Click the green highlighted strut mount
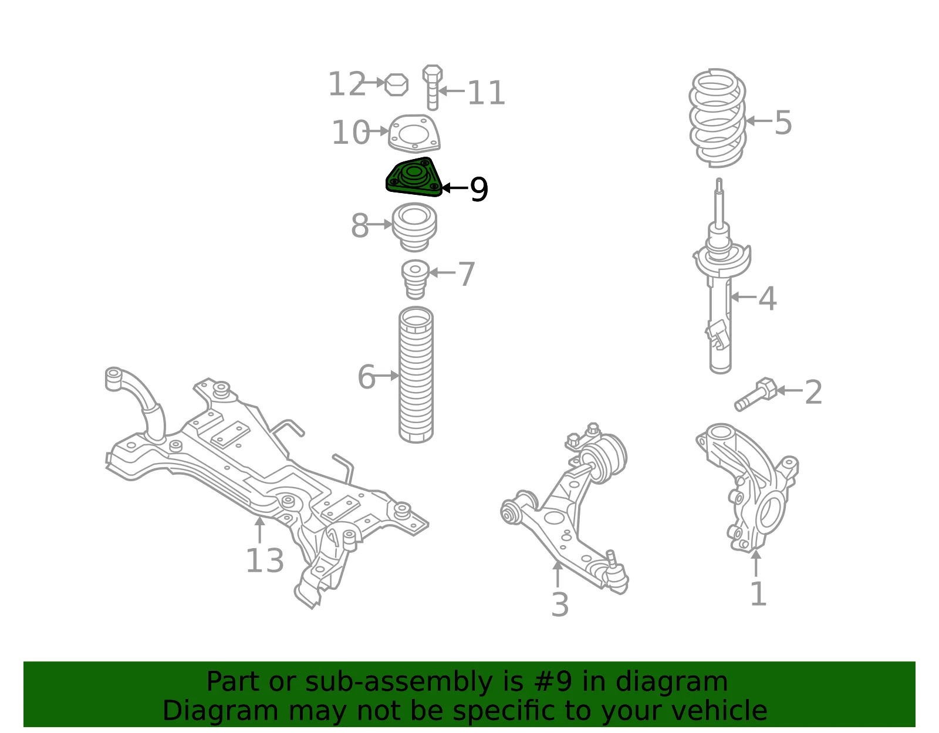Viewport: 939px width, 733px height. pos(414,177)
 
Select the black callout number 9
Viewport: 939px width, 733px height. pos(479,189)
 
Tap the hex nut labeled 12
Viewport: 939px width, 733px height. pos(396,85)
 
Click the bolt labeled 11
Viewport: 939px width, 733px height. pos(432,87)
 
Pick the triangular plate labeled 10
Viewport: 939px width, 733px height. pos(414,133)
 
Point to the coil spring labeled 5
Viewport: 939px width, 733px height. pos(717,117)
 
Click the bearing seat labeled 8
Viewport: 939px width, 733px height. pos(414,227)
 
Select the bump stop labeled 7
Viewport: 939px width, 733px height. pos(416,279)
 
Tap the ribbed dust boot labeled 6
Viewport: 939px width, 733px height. pos(416,374)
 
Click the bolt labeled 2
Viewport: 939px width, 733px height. pos(755,394)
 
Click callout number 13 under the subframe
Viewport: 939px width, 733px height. pos(265,560)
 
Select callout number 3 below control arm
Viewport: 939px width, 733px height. pos(560,604)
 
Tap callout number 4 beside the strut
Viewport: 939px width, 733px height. pos(768,299)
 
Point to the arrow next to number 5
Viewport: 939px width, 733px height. pos(759,121)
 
